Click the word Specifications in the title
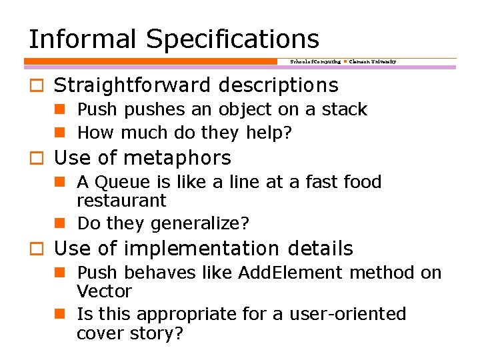coord(233,39)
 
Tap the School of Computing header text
coord(315,61)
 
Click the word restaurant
coord(121,201)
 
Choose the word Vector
coord(105,291)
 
